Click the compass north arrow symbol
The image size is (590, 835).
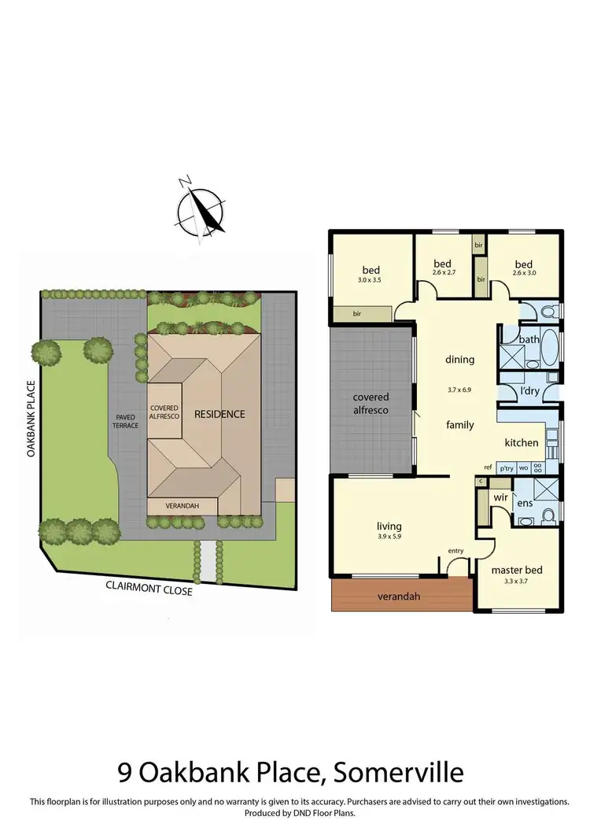pos(201,210)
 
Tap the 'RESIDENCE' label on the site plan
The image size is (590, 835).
pos(219,414)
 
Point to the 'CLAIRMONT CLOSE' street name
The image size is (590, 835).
pos(149,589)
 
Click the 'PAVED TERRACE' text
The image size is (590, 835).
pos(125,421)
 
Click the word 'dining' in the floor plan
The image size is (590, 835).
pos(460,360)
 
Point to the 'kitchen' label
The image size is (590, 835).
pos(521,442)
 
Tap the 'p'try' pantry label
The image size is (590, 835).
pos(507,467)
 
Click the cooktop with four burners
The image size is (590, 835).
pos(540,467)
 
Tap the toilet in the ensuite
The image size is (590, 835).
pos(550,515)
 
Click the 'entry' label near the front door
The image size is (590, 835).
pos(456,550)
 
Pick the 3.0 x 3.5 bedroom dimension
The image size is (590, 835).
pos(371,280)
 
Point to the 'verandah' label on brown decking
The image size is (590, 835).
pos(398,597)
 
